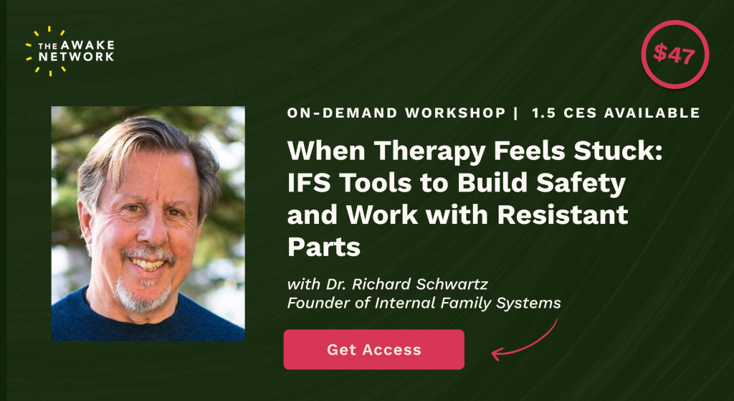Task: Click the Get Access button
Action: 373,349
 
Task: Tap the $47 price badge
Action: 675,55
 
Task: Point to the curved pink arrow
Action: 529,343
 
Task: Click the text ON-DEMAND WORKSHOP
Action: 396,113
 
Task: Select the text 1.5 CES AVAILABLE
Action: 616,113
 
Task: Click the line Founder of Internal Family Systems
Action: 424,303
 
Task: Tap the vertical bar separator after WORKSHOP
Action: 515,113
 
